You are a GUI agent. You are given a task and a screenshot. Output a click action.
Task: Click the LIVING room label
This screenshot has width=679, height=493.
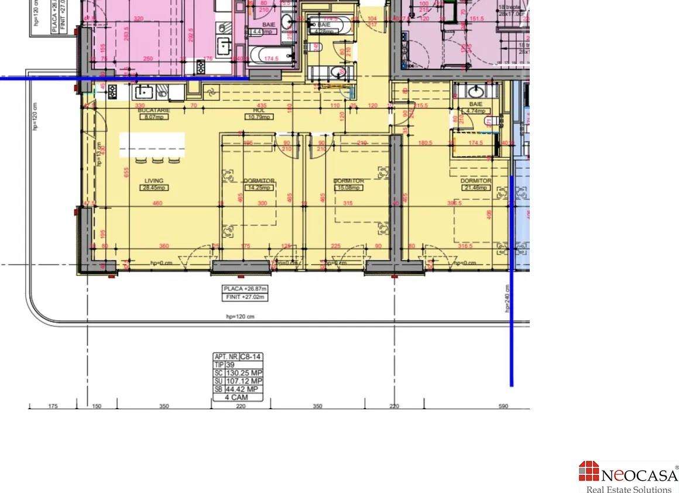point(154,181)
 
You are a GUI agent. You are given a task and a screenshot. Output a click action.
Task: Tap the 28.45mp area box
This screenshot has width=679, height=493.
point(154,188)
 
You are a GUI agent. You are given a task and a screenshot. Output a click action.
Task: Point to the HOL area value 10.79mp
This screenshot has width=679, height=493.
point(259,117)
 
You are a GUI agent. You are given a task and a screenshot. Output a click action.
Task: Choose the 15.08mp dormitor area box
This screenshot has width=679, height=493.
point(349,188)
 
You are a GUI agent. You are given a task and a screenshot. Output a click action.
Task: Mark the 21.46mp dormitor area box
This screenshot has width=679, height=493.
point(475,188)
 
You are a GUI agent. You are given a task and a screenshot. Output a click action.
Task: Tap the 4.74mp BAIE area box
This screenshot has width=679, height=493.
point(475,111)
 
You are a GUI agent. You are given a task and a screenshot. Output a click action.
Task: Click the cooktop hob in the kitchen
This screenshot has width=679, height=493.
point(111,91)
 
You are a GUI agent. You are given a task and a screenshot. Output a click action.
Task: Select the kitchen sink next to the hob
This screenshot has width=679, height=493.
point(143,91)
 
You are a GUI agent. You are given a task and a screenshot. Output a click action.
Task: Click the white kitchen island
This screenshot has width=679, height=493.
point(152,145)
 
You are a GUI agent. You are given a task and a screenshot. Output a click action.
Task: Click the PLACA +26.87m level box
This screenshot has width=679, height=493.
point(245,289)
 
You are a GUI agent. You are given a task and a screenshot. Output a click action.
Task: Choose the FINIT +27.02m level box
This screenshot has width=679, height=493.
point(245,297)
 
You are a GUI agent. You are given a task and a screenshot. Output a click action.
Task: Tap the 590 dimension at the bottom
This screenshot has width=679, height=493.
point(503,406)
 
